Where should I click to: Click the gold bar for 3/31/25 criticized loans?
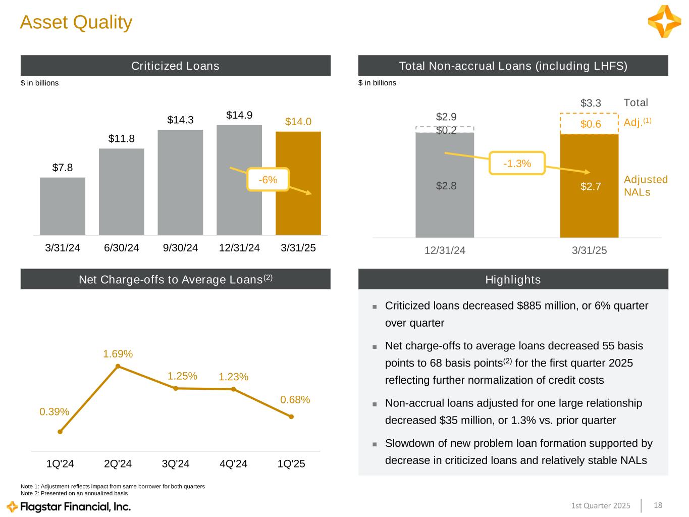coord(298,183)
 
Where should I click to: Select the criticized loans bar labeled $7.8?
coord(63,206)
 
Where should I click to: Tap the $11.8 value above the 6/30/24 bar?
coord(121,138)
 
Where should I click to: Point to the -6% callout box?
coord(268,180)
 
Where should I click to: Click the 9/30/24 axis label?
coord(180,248)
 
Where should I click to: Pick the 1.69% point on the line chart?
coord(118,366)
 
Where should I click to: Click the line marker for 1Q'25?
coord(291,417)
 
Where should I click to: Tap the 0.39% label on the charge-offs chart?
coord(55,411)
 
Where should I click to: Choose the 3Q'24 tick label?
coord(176,463)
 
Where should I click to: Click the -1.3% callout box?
coord(517,163)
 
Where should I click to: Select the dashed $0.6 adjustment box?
coord(589,124)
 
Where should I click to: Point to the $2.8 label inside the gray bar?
coord(446,186)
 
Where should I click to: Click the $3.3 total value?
coord(591,103)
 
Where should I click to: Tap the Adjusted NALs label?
coord(646,185)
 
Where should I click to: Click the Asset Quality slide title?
coord(76,22)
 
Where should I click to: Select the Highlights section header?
coord(513,279)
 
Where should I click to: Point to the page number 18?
coord(658,505)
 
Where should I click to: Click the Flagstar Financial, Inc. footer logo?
coord(69,506)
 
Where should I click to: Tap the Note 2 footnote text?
coord(74,493)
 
